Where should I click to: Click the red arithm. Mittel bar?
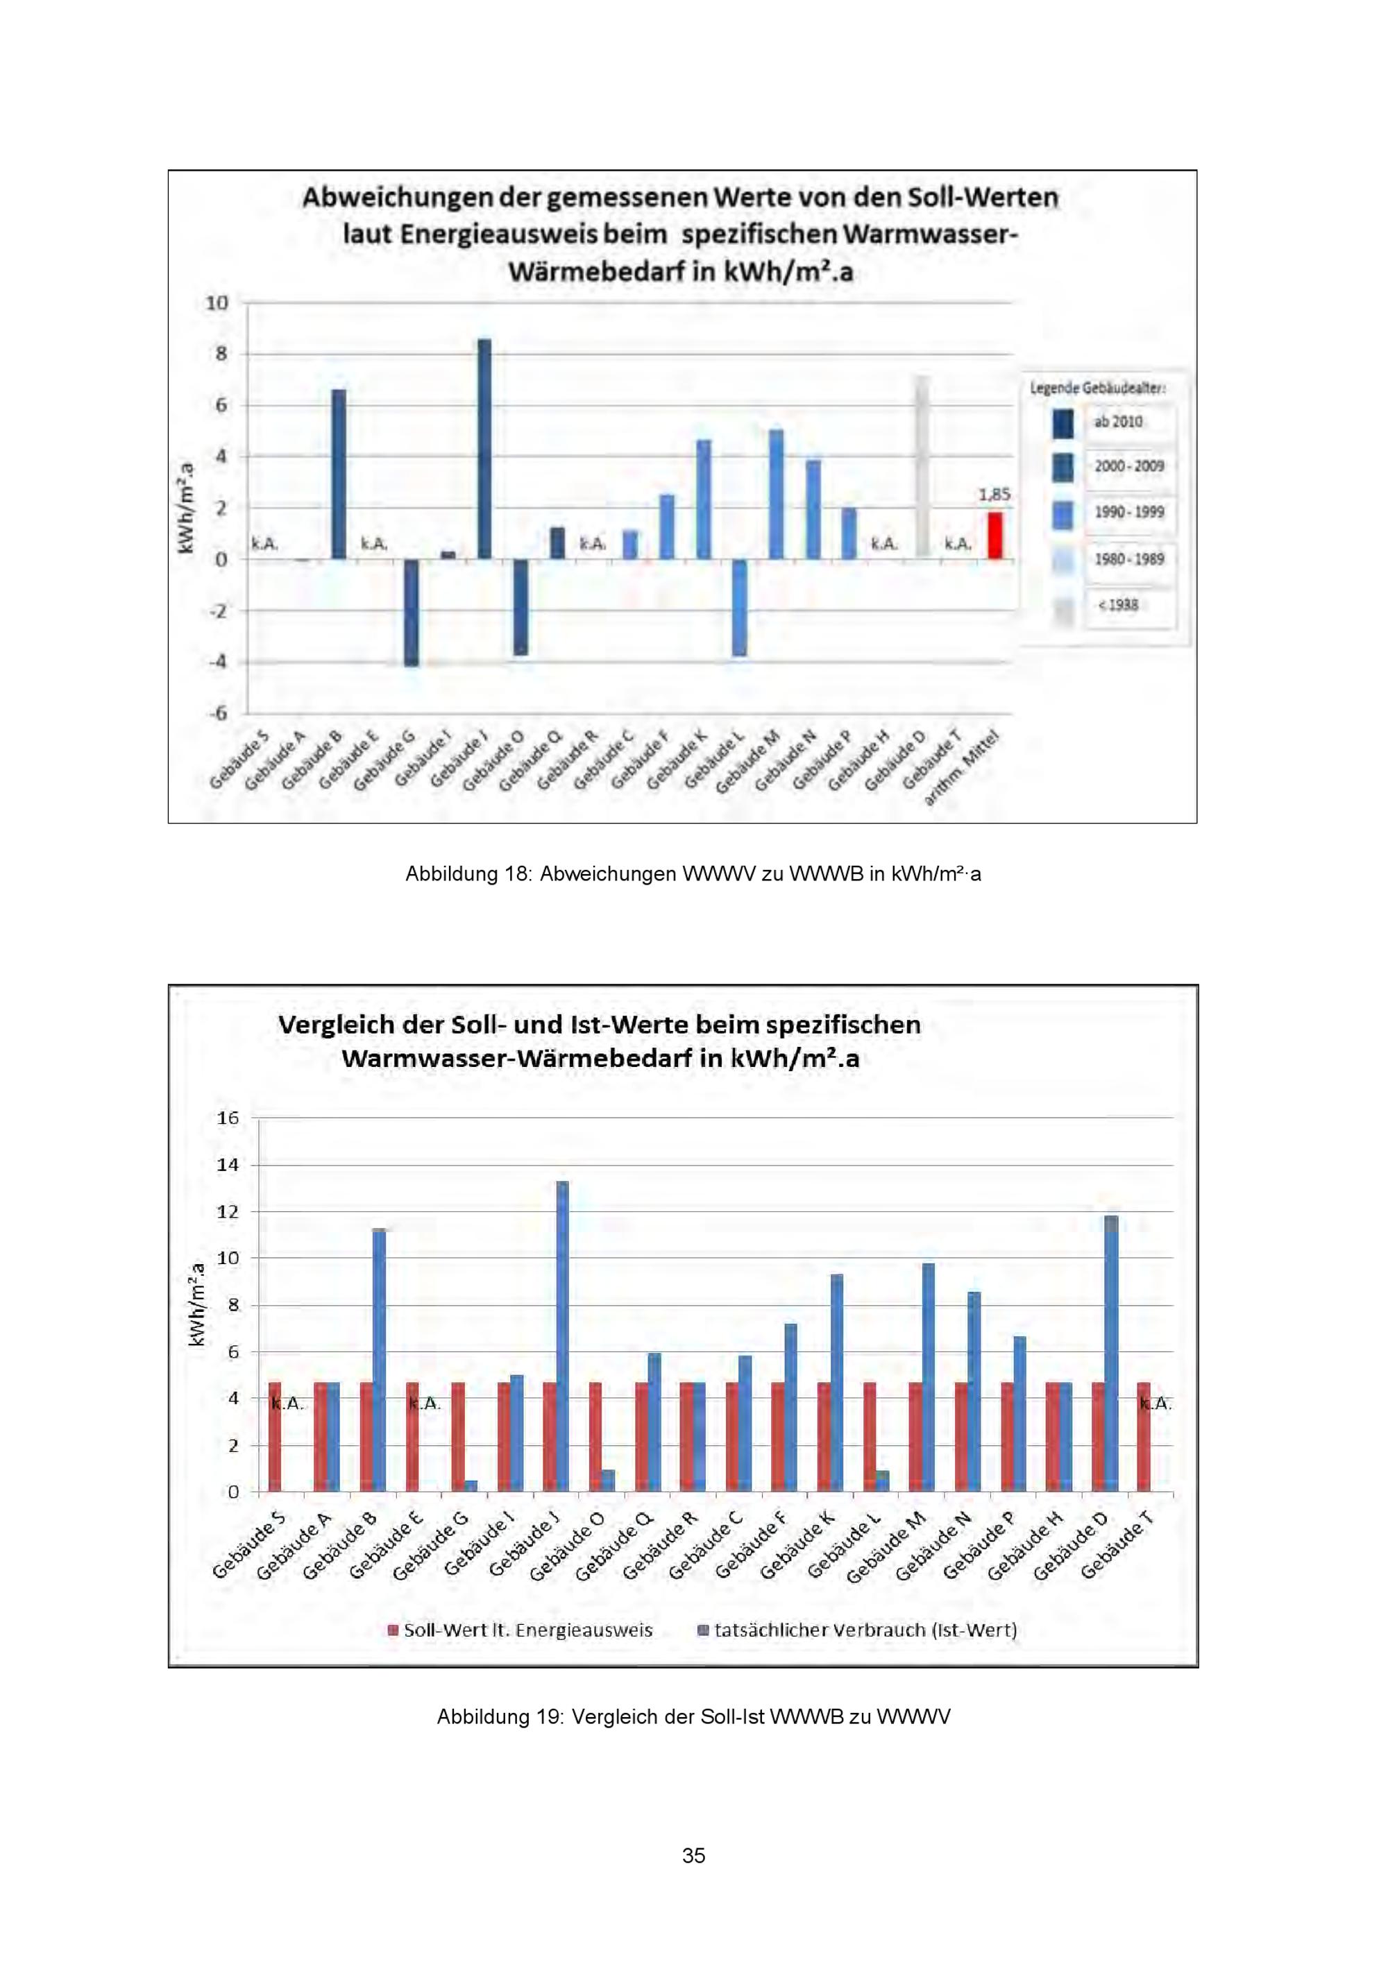tap(995, 536)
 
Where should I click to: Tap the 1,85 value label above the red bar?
tap(994, 495)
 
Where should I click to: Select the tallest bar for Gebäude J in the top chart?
tap(484, 450)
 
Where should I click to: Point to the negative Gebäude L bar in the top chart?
tap(739, 608)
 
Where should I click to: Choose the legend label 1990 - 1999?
tap(1129, 513)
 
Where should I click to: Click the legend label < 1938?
tap(1118, 605)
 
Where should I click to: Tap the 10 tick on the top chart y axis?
tap(217, 303)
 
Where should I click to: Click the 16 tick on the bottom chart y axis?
tap(228, 1118)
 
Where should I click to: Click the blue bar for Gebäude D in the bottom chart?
tap(1111, 1354)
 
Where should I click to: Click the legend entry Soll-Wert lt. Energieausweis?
tap(520, 1630)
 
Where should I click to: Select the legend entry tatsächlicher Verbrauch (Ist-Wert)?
tap(858, 1630)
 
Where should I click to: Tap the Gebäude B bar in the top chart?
tap(339, 475)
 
